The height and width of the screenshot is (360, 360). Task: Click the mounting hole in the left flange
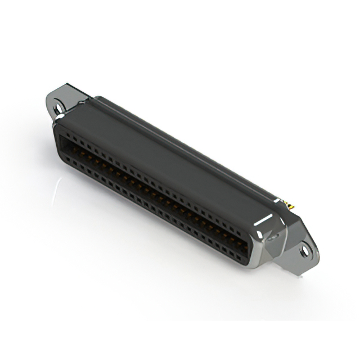coord(58,106)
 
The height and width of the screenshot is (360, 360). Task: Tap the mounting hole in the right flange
coord(304,250)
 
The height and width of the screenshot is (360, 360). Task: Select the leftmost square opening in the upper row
coord(62,134)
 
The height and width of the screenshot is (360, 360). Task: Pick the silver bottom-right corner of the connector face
coord(254,263)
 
